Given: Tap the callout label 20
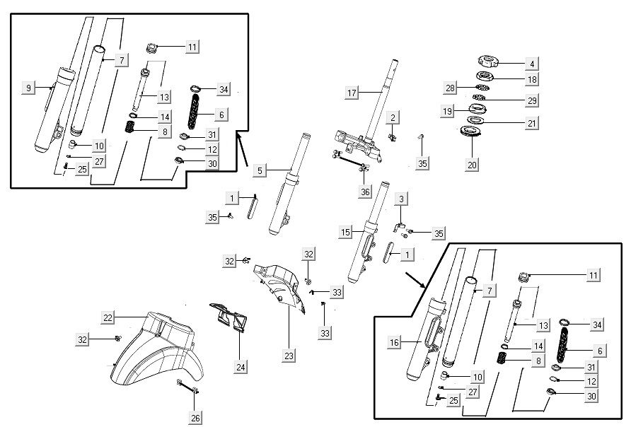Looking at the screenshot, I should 473,165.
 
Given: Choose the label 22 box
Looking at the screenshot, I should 107,318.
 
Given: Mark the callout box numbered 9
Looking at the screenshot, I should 29,88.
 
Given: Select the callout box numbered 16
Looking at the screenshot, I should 395,342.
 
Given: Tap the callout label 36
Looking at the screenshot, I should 364,191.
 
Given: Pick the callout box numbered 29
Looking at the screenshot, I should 531,100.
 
